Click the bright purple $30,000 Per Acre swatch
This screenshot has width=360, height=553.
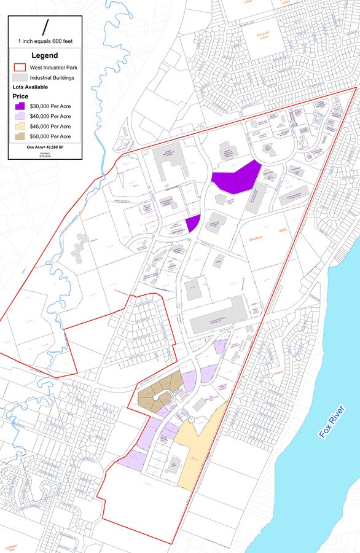coord(21,106)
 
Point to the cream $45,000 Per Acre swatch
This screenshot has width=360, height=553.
coord(21,126)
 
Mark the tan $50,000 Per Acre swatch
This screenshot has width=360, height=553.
coord(21,136)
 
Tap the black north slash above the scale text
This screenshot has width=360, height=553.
coord(45,27)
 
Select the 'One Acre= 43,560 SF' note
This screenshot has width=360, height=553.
coord(45,147)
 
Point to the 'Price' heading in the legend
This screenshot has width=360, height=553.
coord(21,96)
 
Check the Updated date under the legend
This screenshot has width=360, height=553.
coord(45,154)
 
